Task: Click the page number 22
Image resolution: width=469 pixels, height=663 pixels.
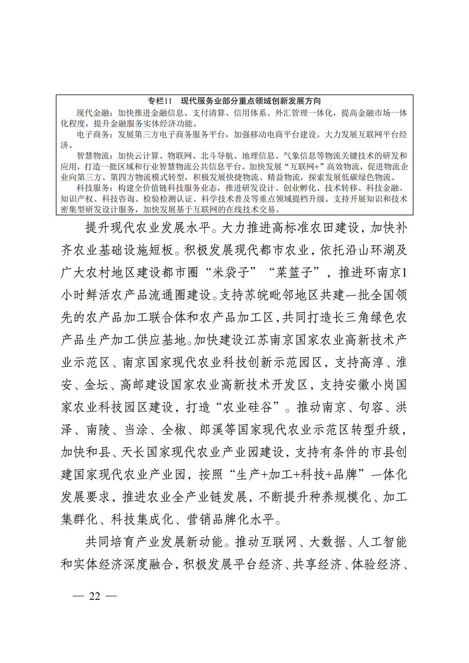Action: tap(95, 596)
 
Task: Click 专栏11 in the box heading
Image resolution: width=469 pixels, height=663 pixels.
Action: tap(160, 101)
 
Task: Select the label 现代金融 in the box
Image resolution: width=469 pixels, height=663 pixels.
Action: tap(93, 113)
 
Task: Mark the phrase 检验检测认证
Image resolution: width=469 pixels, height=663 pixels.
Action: tap(168, 199)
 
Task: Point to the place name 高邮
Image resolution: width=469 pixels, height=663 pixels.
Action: tap(133, 385)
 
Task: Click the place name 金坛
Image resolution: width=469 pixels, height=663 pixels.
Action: tap(96, 385)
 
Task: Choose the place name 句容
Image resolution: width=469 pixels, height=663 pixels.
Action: tap(371, 407)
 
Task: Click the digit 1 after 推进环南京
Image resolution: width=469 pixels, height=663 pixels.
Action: tap(405, 272)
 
